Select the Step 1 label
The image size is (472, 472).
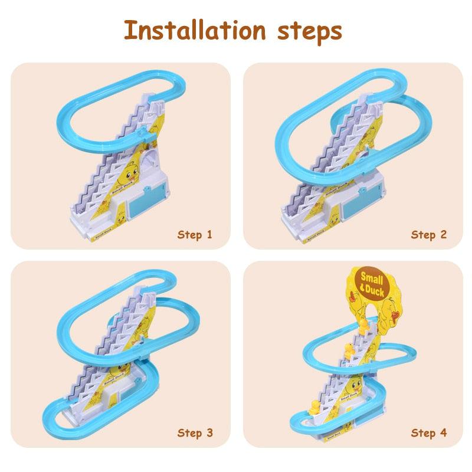point(195,235)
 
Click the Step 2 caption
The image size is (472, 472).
point(429,235)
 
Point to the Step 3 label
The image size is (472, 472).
point(195,433)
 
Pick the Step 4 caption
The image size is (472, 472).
point(429,433)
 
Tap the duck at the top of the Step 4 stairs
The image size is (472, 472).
point(365,323)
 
